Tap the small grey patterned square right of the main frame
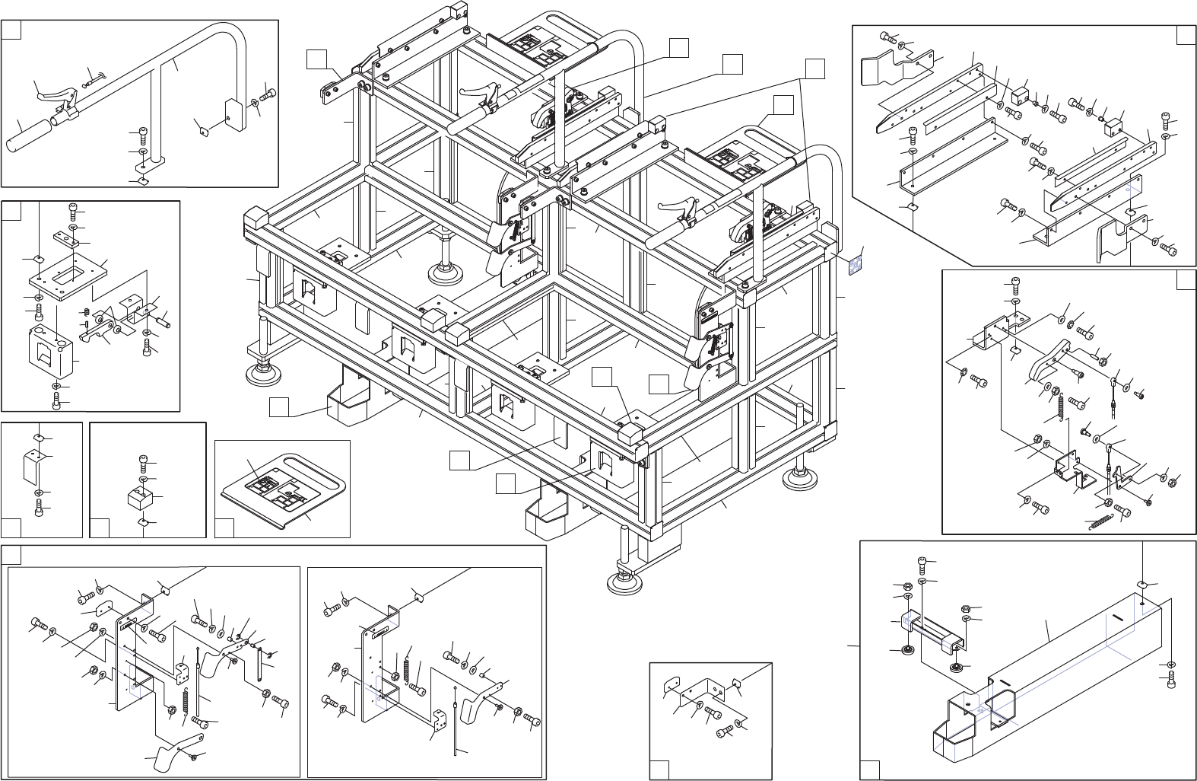855,263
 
